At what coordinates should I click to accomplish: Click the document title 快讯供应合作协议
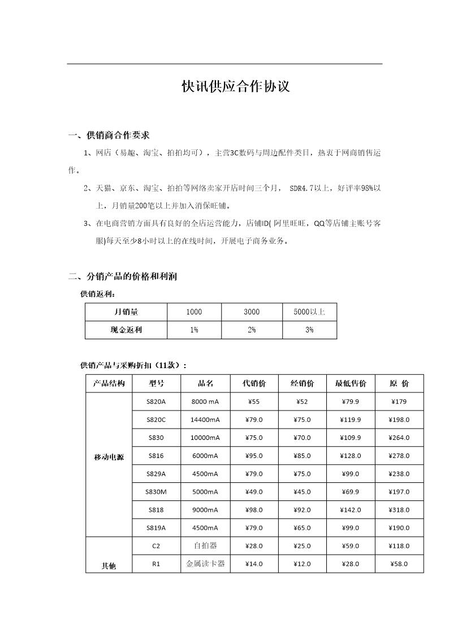235,87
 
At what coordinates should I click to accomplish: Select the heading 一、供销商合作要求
109,135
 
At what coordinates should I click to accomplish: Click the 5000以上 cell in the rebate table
309,312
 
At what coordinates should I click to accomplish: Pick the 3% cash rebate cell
309,330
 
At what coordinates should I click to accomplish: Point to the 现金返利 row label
126,330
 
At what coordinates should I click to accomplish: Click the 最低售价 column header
351,383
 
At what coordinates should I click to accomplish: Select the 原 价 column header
399,383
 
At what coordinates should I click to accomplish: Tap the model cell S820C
156,420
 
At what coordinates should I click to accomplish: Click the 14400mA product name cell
205,420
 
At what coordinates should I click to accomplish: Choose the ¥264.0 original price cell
399,438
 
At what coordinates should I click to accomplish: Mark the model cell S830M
156,492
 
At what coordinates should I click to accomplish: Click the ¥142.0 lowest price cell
351,510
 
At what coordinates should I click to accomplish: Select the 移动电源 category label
109,457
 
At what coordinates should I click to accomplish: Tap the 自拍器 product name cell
205,546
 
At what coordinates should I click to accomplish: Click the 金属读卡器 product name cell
205,564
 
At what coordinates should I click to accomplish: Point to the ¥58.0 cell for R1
399,564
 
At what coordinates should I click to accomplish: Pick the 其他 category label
109,565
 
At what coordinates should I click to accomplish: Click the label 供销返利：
98,294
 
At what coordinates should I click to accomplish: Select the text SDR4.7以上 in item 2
311,188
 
